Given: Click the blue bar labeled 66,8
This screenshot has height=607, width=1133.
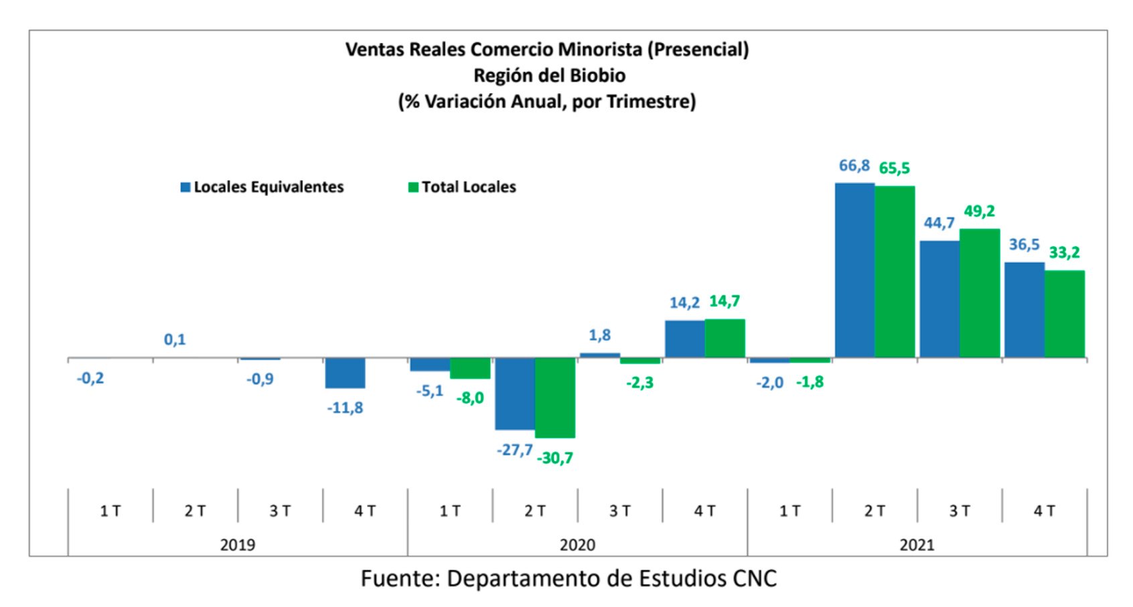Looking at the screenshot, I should (x=854, y=270).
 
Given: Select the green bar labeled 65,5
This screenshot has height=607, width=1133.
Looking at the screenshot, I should (x=895, y=272).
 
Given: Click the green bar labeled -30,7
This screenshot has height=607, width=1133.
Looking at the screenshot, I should (x=555, y=398).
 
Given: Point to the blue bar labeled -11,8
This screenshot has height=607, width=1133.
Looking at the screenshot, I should (x=345, y=373).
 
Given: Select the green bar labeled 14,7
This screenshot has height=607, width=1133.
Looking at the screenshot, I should (x=725, y=338).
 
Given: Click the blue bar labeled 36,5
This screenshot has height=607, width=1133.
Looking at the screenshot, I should (x=1025, y=310).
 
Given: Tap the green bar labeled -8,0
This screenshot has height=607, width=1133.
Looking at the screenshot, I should (x=470, y=368).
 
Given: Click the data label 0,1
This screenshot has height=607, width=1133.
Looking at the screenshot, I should (x=175, y=340).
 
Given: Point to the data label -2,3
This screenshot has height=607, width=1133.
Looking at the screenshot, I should (x=639, y=383).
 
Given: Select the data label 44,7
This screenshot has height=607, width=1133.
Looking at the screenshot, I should (x=939, y=223).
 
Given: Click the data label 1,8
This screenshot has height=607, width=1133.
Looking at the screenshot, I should (x=599, y=335).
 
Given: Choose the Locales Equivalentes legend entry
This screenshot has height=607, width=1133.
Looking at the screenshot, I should (x=262, y=187).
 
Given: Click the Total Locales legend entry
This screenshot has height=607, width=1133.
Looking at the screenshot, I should (x=462, y=187).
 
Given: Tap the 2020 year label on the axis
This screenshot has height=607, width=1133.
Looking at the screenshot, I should (x=577, y=545).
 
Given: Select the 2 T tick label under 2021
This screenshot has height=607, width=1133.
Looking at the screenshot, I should (x=875, y=511).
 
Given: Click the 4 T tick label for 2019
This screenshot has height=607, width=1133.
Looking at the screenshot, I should (x=365, y=511).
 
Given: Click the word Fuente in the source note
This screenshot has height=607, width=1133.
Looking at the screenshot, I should (x=399, y=578).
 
